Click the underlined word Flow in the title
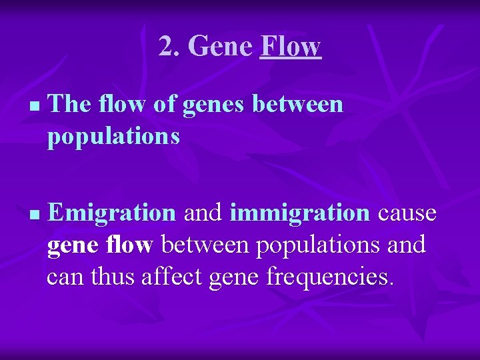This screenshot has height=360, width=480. [291, 47]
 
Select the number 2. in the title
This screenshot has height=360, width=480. [169, 47]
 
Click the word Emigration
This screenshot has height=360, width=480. [111, 213]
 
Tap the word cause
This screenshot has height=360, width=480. [407, 213]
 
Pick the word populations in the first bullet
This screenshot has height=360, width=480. [113, 136]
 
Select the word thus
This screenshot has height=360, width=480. [113, 276]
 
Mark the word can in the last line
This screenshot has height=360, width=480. [63, 276]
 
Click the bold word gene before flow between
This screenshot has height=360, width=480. [73, 245]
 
